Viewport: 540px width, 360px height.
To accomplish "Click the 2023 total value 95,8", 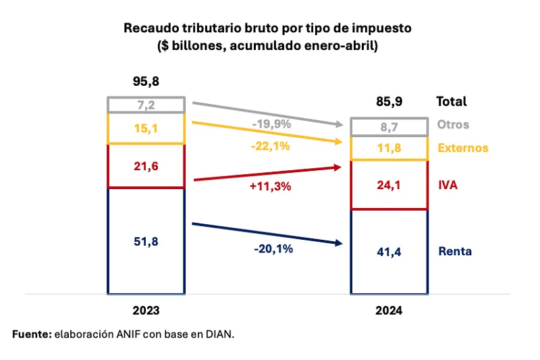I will tap(146, 82).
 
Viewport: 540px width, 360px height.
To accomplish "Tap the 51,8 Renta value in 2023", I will tap(146, 240).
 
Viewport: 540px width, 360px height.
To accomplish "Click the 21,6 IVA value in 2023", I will tap(146, 165).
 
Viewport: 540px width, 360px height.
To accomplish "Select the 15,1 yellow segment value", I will tap(146, 128).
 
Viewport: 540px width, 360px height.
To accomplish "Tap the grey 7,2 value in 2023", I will tap(146, 105).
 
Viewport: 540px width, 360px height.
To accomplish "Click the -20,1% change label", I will tap(273, 249).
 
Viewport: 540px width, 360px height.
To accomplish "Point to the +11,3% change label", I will tap(270, 187).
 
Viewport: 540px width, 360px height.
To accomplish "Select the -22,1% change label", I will tap(269, 146).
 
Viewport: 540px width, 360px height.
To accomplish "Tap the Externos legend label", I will tap(462, 148).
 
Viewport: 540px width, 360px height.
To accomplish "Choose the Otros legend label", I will tap(453, 125).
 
